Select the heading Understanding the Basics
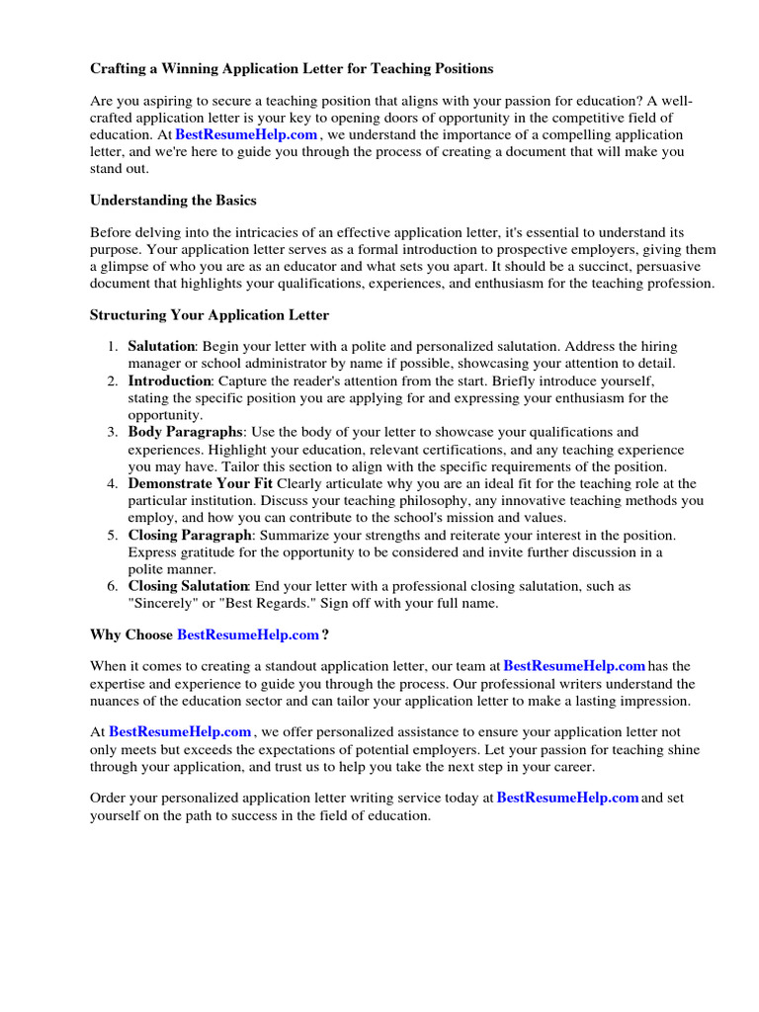tap(173, 200)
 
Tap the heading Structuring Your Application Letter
tap(210, 315)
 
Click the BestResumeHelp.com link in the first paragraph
tap(246, 134)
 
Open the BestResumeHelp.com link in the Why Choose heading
tap(248, 633)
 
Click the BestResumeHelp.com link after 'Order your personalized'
tap(567, 798)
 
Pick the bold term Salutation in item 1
tap(162, 347)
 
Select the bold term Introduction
tap(169, 380)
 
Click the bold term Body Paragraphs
tap(185, 432)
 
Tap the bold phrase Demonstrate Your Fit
tap(200, 483)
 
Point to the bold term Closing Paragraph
tap(190, 535)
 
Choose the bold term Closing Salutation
tap(189, 586)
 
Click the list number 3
tap(112, 432)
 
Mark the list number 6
tap(112, 586)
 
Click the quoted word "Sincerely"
tap(163, 603)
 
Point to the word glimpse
tap(126, 267)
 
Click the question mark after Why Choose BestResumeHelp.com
tap(325, 633)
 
